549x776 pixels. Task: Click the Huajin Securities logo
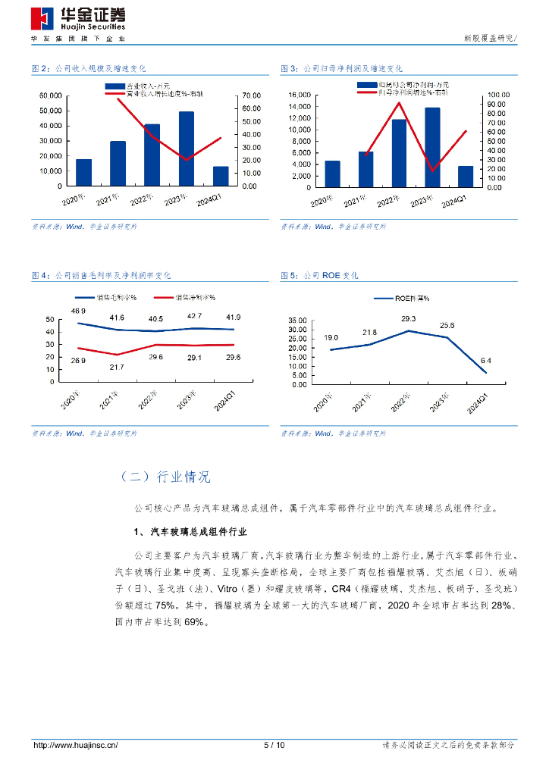[79, 17]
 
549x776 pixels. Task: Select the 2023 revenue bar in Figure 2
[187, 149]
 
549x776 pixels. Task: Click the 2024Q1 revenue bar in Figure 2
[221, 176]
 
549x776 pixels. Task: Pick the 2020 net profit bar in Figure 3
[332, 174]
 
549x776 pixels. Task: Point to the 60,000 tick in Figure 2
[51, 95]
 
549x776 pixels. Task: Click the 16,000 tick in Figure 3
[300, 95]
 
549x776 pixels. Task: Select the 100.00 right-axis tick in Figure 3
[497, 95]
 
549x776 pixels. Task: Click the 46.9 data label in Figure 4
[79, 311]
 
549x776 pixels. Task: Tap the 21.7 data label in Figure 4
[116, 367]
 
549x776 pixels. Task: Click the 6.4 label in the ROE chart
[486, 360]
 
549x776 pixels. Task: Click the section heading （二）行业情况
[165, 477]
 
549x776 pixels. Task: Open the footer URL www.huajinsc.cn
[76, 745]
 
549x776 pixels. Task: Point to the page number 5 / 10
[274, 745]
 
